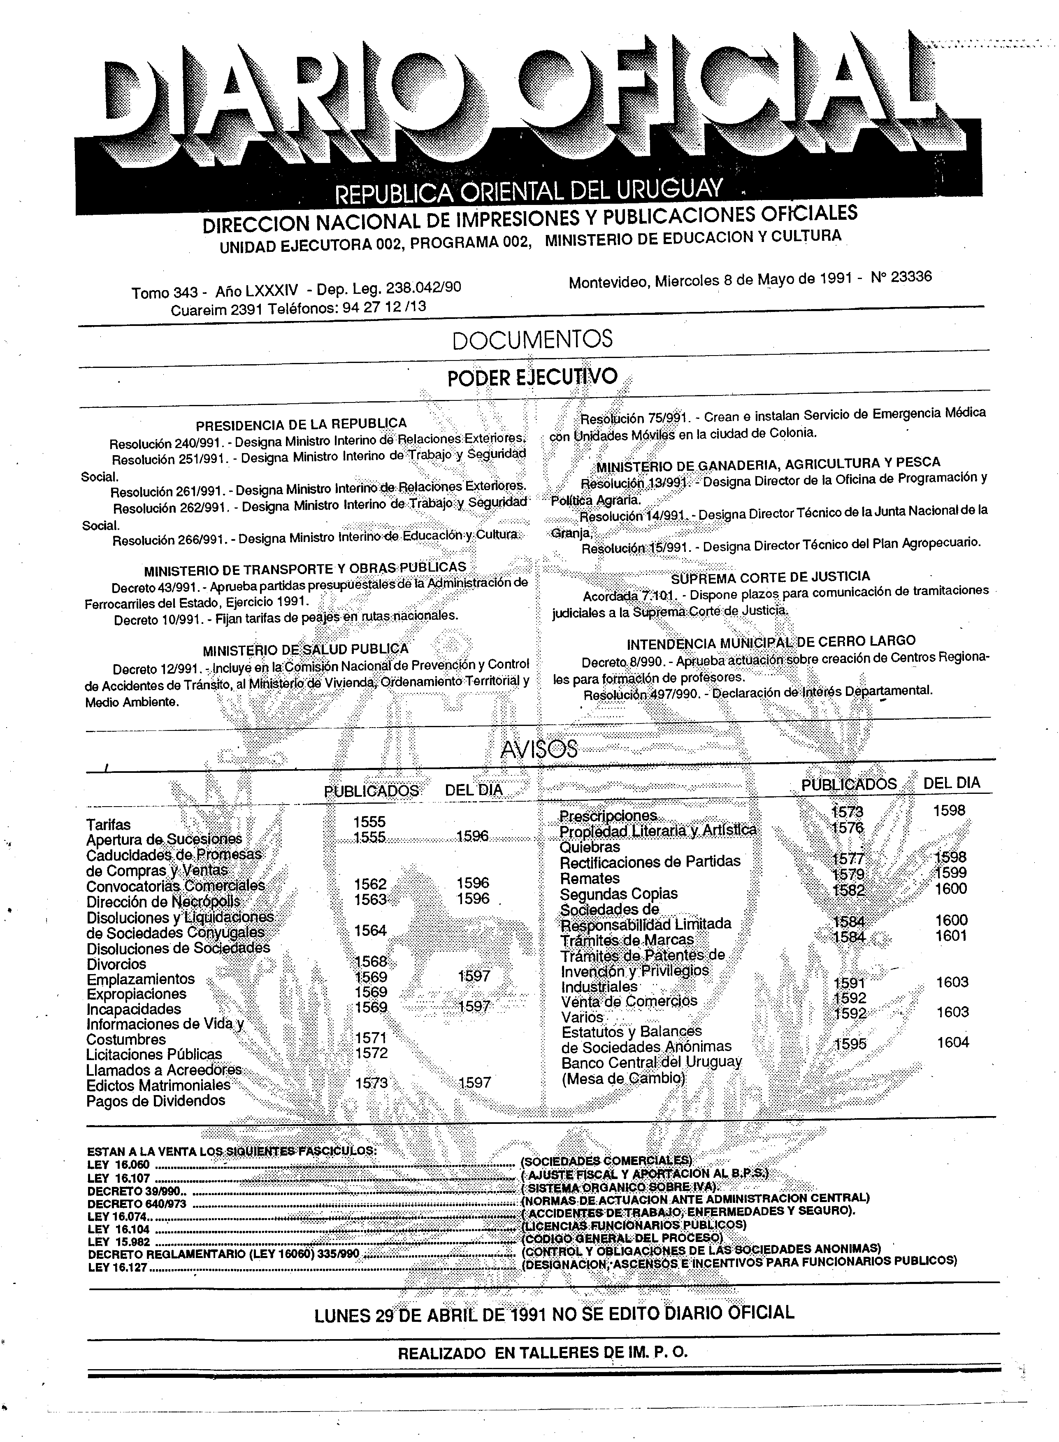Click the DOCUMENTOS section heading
point(532,340)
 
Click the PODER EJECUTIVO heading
point(532,377)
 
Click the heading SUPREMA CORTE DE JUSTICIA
point(770,577)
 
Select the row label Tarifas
point(108,825)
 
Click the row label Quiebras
point(590,847)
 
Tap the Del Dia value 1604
point(952,1042)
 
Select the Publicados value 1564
point(371,930)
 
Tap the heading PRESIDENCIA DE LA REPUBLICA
point(301,424)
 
